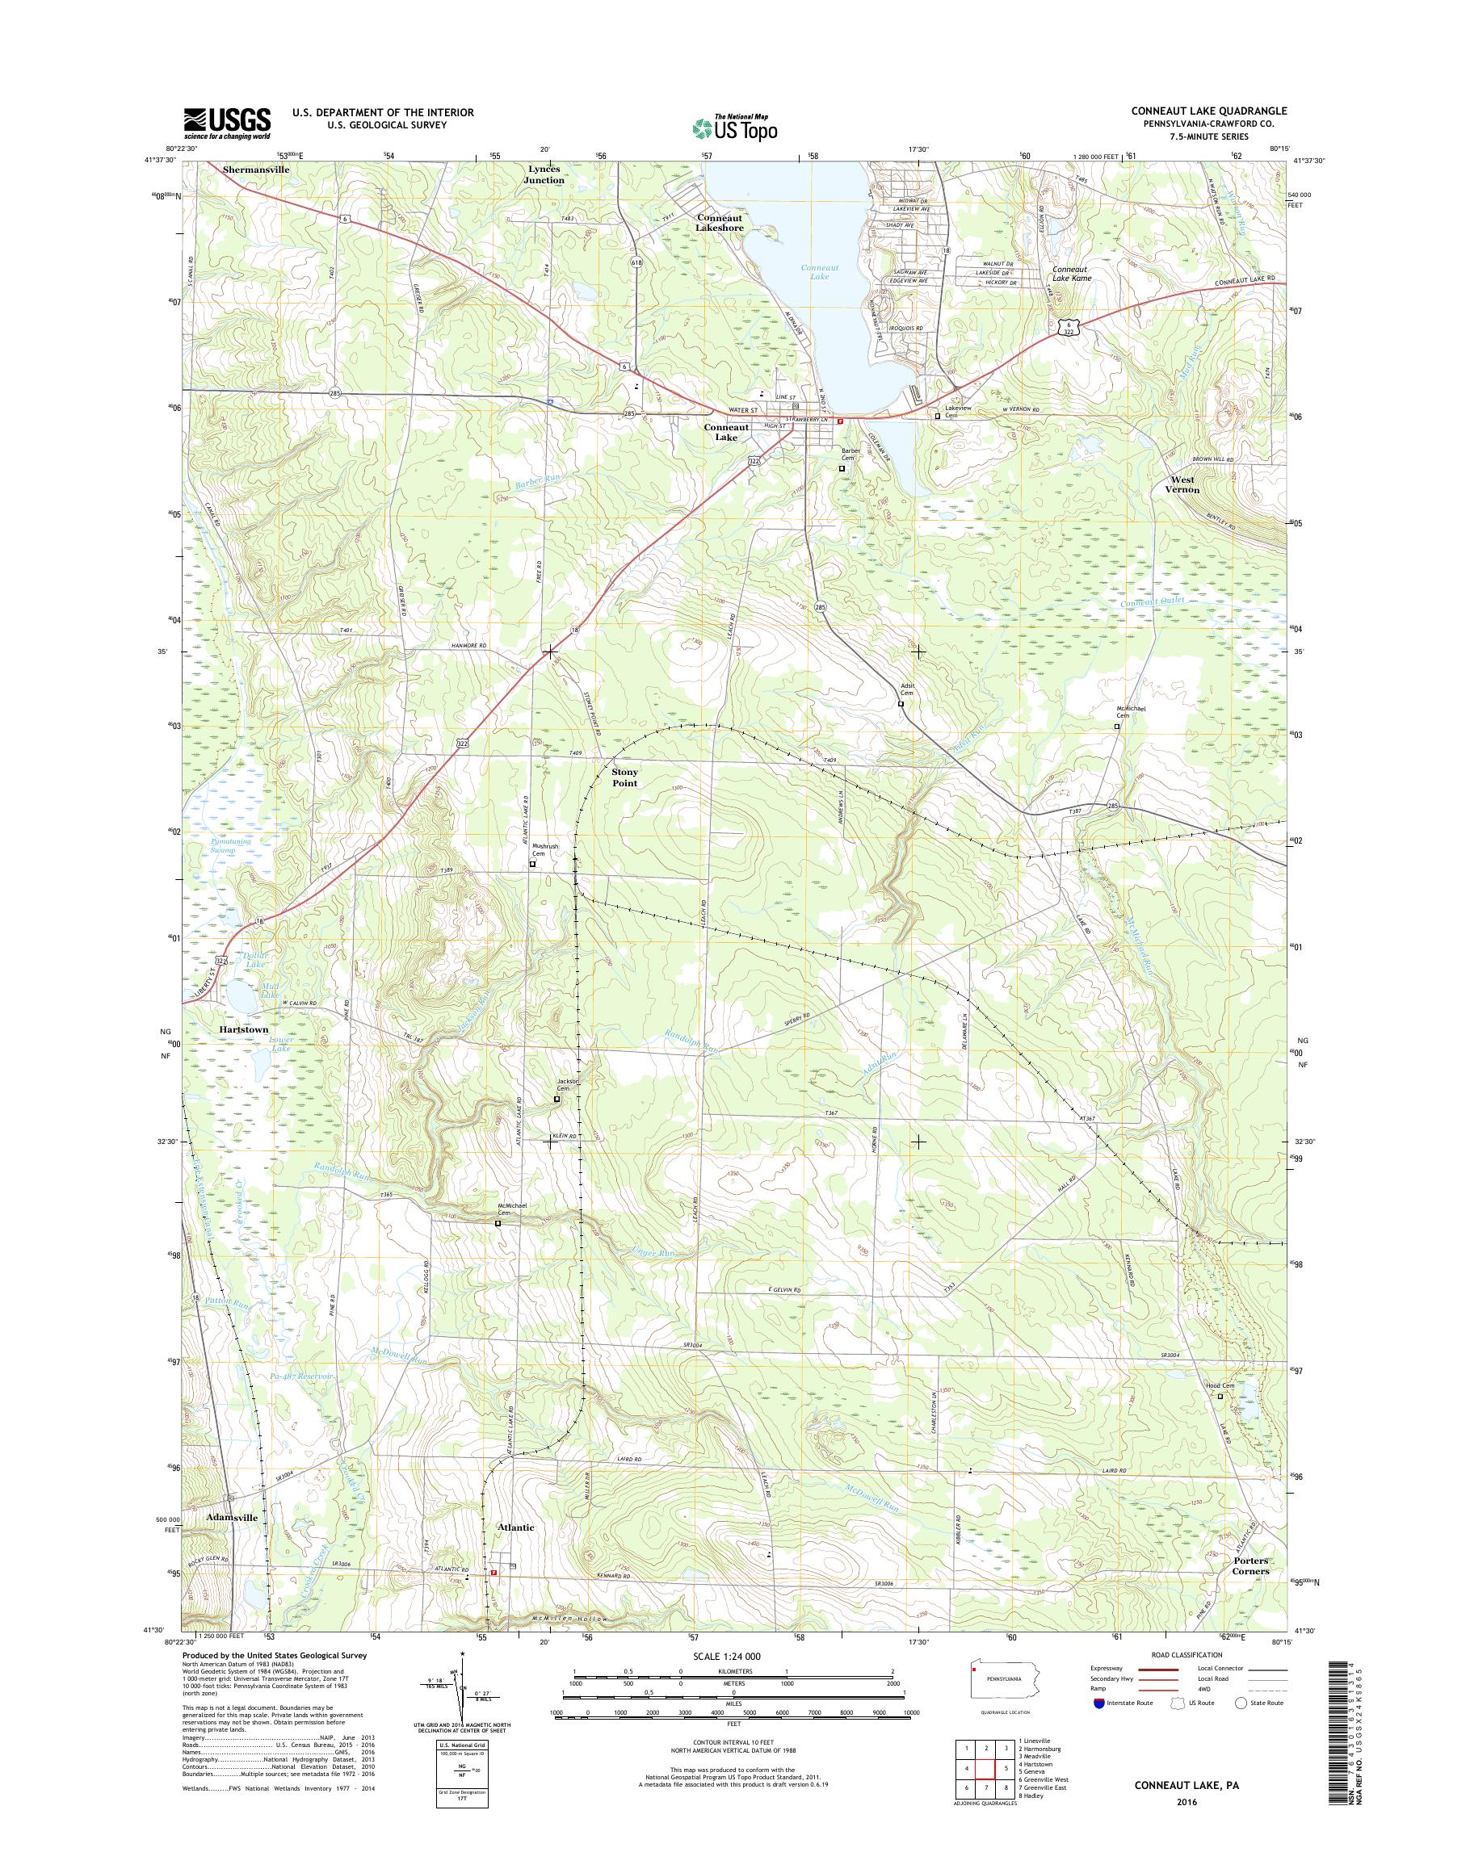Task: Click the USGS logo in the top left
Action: tap(226, 124)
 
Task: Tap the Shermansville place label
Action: tap(257, 170)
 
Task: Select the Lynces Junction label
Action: tap(544, 174)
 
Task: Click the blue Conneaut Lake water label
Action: tap(819, 273)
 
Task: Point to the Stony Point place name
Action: tap(625, 777)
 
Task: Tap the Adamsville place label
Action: tap(232, 1518)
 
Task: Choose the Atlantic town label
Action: tap(515, 1527)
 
